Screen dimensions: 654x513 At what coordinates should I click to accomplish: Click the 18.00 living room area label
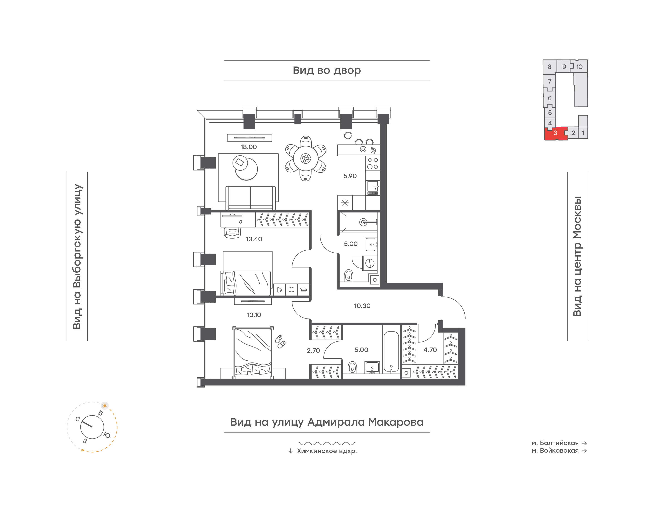[248, 147]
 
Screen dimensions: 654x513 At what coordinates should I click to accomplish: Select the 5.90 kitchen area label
[350, 176]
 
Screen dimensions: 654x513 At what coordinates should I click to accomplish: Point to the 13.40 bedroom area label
[254, 239]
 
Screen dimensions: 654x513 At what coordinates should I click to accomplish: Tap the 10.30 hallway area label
[362, 306]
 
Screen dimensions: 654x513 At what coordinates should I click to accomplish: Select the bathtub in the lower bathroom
[391, 351]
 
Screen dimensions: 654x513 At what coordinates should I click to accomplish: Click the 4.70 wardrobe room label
[430, 350]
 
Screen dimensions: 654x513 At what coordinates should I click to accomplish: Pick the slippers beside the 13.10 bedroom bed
[280, 341]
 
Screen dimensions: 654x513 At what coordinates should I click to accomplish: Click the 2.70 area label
[313, 350]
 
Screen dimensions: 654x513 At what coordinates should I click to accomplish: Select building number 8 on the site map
[550, 67]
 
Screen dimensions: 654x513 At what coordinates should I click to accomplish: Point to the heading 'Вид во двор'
[327, 71]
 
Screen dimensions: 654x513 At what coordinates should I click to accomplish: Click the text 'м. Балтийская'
[555, 443]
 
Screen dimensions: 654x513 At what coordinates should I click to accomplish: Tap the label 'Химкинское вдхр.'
[327, 451]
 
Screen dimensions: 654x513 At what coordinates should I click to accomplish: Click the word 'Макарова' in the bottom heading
[396, 422]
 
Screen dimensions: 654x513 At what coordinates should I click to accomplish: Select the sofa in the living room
[250, 198]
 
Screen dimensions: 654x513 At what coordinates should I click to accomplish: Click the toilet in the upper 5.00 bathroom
[348, 275]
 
